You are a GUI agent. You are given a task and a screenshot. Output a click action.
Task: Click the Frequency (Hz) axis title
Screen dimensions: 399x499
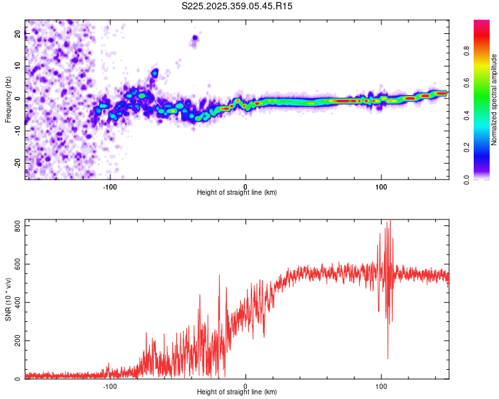pos(8,100)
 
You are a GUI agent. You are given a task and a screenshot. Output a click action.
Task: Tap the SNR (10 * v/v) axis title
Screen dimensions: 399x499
pos(8,299)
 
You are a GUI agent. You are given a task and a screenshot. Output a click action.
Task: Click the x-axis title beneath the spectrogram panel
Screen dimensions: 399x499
pos(237,192)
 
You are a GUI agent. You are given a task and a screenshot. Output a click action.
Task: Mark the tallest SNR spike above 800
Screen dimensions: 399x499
pos(390,222)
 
